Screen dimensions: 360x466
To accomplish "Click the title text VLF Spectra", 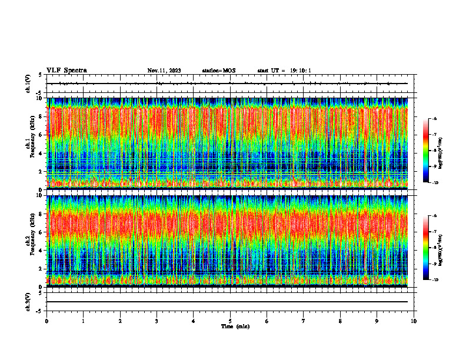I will (x=66, y=70).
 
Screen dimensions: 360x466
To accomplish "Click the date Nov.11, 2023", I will (x=164, y=71).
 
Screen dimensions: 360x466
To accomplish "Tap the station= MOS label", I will (x=218, y=71).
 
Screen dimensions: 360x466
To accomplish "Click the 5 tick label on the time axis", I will (x=230, y=321).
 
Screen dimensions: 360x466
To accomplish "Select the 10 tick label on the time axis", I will (x=414, y=321).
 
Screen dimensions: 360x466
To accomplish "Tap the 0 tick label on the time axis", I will (x=46, y=321).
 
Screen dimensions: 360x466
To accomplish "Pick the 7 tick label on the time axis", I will (x=304, y=321).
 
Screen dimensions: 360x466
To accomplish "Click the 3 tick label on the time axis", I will (x=157, y=321).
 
